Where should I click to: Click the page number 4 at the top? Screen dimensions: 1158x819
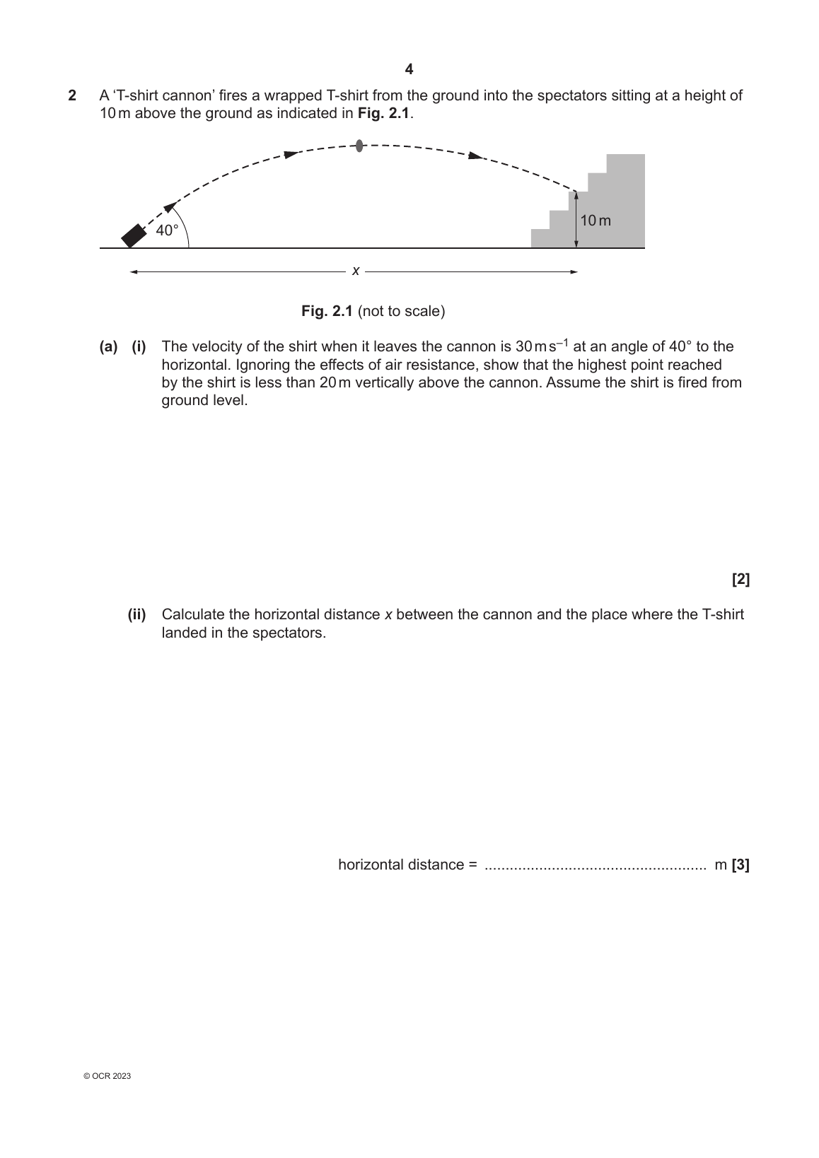click(409, 69)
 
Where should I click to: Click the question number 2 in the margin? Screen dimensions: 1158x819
click(71, 95)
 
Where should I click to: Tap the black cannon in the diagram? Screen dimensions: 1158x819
click(132, 235)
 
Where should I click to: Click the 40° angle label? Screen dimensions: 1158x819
click(167, 230)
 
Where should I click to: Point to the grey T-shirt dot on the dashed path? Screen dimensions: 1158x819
click(359, 146)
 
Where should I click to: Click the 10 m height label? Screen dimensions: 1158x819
click(596, 221)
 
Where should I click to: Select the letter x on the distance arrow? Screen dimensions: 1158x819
click(356, 271)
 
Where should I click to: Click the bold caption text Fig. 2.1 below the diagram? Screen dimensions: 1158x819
click(327, 311)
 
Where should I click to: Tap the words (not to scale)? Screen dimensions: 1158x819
click(402, 311)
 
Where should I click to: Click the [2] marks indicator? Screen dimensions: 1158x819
click(740, 580)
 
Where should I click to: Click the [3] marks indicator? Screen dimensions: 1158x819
click(740, 865)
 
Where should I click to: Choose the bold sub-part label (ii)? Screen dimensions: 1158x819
click(136, 614)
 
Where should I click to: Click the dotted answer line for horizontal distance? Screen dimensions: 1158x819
click(595, 866)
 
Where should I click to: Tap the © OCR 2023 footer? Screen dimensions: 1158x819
click(107, 1076)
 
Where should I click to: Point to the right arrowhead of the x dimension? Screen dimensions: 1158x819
click(574, 271)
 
